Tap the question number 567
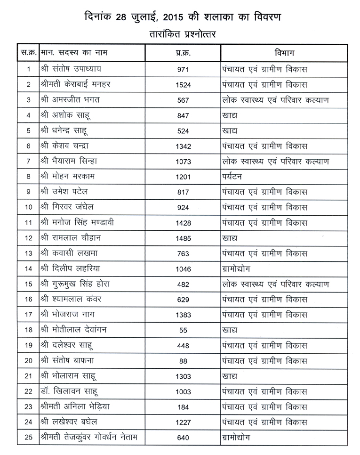pyautogui.click(x=183, y=100)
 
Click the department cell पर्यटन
pyautogui.click(x=234, y=177)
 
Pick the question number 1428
pyautogui.click(x=183, y=223)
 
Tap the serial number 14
pyautogui.click(x=29, y=269)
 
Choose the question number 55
pyautogui.click(x=183, y=330)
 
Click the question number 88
pyautogui.click(x=183, y=361)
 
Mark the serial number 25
pyautogui.click(x=29, y=438)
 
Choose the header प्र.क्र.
pyautogui.click(x=183, y=51)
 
